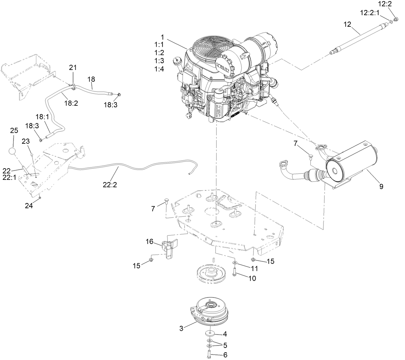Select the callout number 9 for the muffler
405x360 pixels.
(381, 186)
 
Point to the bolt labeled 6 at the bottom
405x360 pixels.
(210, 354)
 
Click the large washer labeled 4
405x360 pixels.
(210, 333)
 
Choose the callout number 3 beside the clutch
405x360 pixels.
(182, 328)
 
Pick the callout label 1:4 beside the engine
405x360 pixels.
(159, 69)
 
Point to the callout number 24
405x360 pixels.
(29, 206)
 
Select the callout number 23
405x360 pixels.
(25, 141)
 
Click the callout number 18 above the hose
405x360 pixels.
(91, 79)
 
